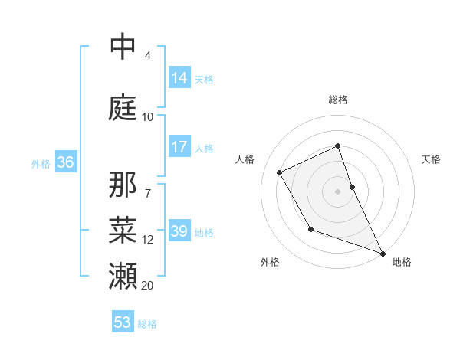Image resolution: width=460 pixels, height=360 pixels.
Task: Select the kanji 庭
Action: coord(123,107)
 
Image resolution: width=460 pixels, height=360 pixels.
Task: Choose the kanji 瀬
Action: coord(123,274)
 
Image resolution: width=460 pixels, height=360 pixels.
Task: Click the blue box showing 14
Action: coord(179,77)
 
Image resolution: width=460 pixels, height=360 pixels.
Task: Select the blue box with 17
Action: coord(179,147)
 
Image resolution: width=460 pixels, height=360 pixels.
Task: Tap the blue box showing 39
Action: coord(179,231)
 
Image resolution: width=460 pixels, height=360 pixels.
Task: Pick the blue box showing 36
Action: coord(65,162)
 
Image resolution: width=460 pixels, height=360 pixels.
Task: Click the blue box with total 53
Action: coord(123,322)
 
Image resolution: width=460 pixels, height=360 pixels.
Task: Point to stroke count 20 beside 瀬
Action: coord(147,285)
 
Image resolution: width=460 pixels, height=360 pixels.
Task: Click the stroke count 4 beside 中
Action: coord(147,55)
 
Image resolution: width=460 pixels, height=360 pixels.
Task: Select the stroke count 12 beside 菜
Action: coord(147,239)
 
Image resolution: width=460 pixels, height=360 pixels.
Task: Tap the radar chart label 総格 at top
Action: coord(338,100)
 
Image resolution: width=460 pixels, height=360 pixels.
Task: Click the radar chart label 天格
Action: coord(431,159)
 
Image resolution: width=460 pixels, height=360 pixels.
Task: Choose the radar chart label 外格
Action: coord(270,262)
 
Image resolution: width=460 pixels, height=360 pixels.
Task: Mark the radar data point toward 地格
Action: coord(383,254)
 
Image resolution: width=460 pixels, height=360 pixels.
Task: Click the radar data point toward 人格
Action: coord(280,172)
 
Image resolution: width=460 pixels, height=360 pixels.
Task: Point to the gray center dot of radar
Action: coord(338,191)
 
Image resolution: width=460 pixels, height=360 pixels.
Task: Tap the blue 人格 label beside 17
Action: coord(204,148)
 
